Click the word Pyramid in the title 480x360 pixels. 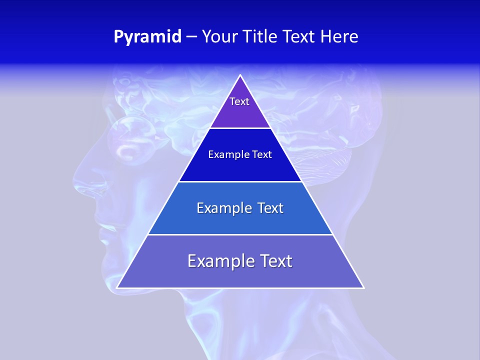147,37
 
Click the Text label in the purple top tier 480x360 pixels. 239,101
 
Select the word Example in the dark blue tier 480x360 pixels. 227,155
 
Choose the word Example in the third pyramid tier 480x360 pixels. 223,208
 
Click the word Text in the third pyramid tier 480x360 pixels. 270,208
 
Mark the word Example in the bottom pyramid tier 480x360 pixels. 220,261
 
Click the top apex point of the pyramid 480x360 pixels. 240,75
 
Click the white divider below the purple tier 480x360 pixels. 240,128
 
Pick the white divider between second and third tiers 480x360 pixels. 240,181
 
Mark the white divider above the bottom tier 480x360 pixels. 240,234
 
